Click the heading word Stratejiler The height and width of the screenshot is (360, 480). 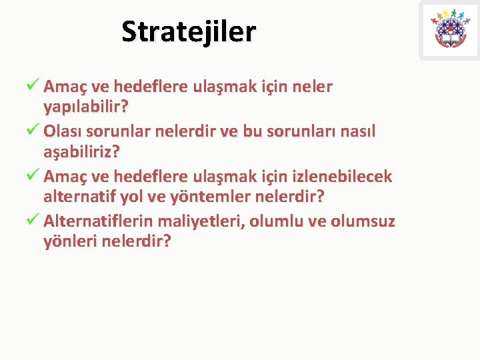click(x=189, y=31)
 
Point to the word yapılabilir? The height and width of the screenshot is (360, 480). click(x=86, y=106)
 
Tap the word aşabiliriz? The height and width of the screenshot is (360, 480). click(x=81, y=151)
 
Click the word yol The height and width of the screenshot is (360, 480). click(x=148, y=197)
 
